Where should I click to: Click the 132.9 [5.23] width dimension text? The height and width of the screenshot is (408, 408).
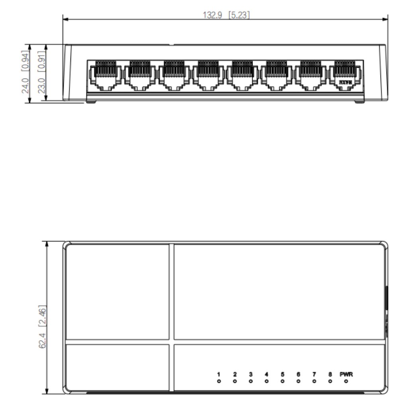pos(227,15)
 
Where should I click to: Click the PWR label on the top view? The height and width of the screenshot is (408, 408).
pos(346,375)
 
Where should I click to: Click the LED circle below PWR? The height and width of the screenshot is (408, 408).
pos(346,382)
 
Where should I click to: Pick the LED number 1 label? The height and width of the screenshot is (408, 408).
pos(219,375)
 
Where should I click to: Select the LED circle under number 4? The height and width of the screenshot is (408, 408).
pos(267,382)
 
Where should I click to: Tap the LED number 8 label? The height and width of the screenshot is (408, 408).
pos(330,375)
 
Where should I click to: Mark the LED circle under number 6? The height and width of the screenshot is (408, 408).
pos(298,382)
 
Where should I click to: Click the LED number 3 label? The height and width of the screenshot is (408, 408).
pos(251,375)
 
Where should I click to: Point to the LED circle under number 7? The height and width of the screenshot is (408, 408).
pos(314,382)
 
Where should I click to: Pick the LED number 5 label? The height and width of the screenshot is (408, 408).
pos(282,375)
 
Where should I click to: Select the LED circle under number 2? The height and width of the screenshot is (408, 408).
pos(235,382)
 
